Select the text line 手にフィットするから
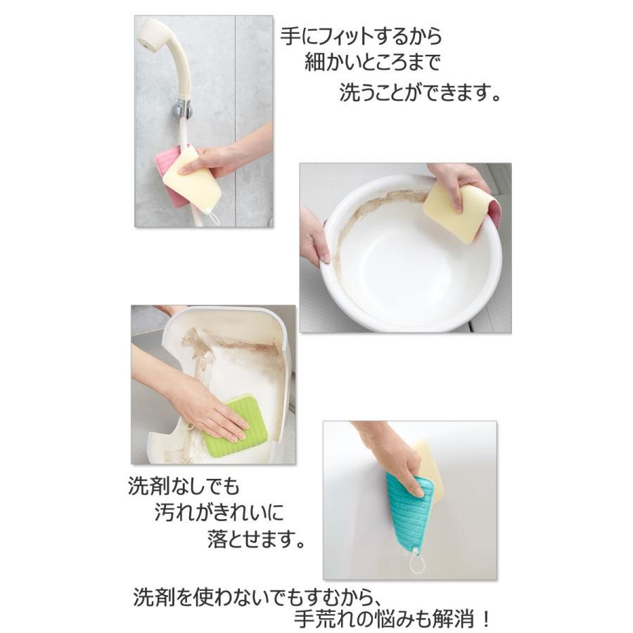coord(362,37)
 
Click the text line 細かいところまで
coord(372,63)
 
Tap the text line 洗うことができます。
coord(420,92)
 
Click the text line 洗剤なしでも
coord(184,486)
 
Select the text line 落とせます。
coord(256,539)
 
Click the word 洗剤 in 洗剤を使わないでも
coord(153,596)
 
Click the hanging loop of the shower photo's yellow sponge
coord(213,217)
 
